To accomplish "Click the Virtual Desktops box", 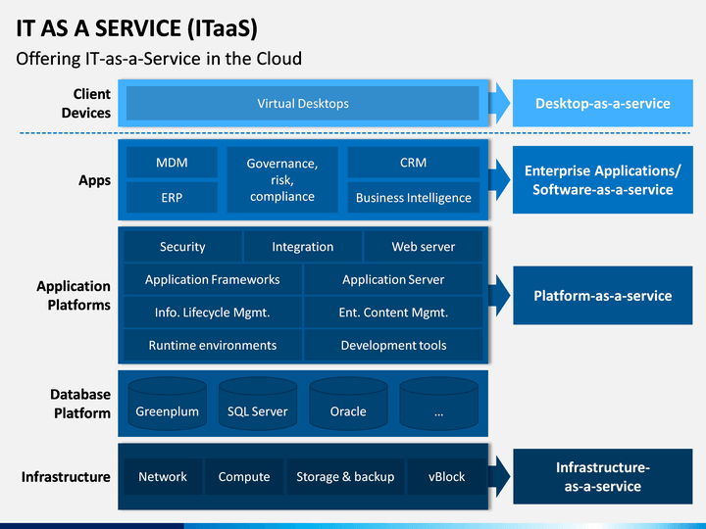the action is pyautogui.click(x=303, y=103).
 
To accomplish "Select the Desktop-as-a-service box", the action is pyautogui.click(x=602, y=103).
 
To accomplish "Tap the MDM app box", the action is pyautogui.click(x=172, y=162).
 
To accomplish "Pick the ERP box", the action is pyautogui.click(x=172, y=197).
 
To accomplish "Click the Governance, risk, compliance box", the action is pyautogui.click(x=282, y=179).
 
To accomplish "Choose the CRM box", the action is pyautogui.click(x=414, y=162).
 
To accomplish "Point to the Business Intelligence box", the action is pyautogui.click(x=414, y=197).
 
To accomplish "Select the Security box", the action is pyautogui.click(x=182, y=246).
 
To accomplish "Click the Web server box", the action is pyautogui.click(x=424, y=246).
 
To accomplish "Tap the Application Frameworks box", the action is pyautogui.click(x=213, y=279).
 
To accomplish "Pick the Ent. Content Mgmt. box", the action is pyautogui.click(x=393, y=313).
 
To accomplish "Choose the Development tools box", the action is pyautogui.click(x=393, y=345).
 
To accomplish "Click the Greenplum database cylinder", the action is pyautogui.click(x=168, y=404).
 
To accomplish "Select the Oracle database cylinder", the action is pyautogui.click(x=348, y=404).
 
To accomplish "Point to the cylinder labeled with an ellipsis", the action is pyautogui.click(x=439, y=404).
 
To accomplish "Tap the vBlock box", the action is pyautogui.click(x=447, y=476).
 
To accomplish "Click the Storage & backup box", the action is pyautogui.click(x=345, y=476).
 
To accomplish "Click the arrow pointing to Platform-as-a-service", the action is pyautogui.click(x=499, y=295).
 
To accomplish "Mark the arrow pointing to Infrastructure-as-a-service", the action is pyautogui.click(x=499, y=476).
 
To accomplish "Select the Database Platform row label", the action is pyautogui.click(x=80, y=404).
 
